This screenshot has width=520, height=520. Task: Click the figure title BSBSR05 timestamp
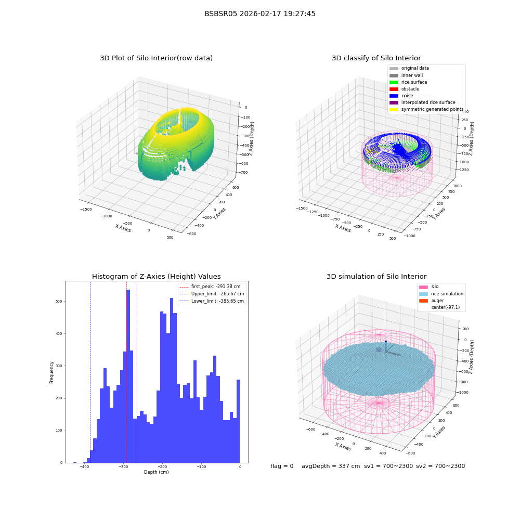pyautogui.click(x=259, y=14)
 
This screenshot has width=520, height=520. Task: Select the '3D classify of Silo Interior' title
pyautogui.click(x=376, y=58)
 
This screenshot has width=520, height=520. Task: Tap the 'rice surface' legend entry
pyautogui.click(x=408, y=82)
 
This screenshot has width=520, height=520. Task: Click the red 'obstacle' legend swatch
pyautogui.click(x=394, y=89)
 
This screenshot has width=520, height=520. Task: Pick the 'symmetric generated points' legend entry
pyautogui.click(x=426, y=109)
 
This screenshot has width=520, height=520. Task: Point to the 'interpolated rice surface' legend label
pyautogui.click(x=428, y=102)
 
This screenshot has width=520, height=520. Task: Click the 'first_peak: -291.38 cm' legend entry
pyautogui.click(x=210, y=287)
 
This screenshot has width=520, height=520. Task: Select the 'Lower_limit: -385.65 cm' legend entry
pyautogui.click(x=212, y=301)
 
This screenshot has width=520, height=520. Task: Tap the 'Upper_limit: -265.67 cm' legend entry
pyautogui.click(x=212, y=294)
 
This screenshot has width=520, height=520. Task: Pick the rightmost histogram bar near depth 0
pyautogui.click(x=238, y=421)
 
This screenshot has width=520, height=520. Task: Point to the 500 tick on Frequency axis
pyautogui.click(x=59, y=302)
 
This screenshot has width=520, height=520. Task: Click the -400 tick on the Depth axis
pyautogui.click(x=85, y=466)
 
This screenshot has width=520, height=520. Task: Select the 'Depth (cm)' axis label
pyautogui.click(x=157, y=472)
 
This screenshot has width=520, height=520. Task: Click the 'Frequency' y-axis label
pyautogui.click(x=51, y=372)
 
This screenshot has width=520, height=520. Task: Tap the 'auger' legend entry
pyautogui.click(x=432, y=301)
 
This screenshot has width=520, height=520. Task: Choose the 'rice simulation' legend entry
pyautogui.click(x=441, y=294)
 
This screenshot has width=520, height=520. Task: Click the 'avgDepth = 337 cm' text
pyautogui.click(x=331, y=466)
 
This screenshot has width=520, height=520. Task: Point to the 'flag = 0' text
pyautogui.click(x=282, y=466)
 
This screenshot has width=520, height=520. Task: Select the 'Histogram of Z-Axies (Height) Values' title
pyautogui.click(x=156, y=276)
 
